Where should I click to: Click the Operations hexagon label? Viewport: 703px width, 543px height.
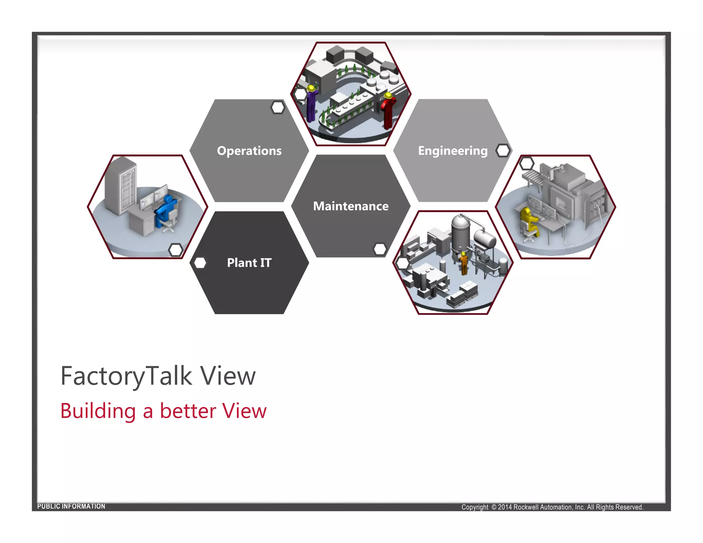249,151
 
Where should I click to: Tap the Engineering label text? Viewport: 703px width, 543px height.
452,151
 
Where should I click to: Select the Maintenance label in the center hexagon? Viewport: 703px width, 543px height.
351,206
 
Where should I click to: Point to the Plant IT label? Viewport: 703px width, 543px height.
249,263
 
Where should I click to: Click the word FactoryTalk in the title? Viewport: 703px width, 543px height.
126,376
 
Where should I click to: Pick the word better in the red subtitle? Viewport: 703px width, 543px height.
188,411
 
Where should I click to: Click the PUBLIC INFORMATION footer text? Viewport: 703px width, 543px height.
71,506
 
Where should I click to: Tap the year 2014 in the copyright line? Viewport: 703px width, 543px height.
505,507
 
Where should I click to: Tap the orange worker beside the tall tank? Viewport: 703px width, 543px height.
464,263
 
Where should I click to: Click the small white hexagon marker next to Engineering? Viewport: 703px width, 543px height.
503,150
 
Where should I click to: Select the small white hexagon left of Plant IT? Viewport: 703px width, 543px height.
200,263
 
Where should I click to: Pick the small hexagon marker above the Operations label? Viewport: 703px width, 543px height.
278,107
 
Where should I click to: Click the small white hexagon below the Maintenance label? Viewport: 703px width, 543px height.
380,249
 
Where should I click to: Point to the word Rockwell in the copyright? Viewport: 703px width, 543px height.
526,507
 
